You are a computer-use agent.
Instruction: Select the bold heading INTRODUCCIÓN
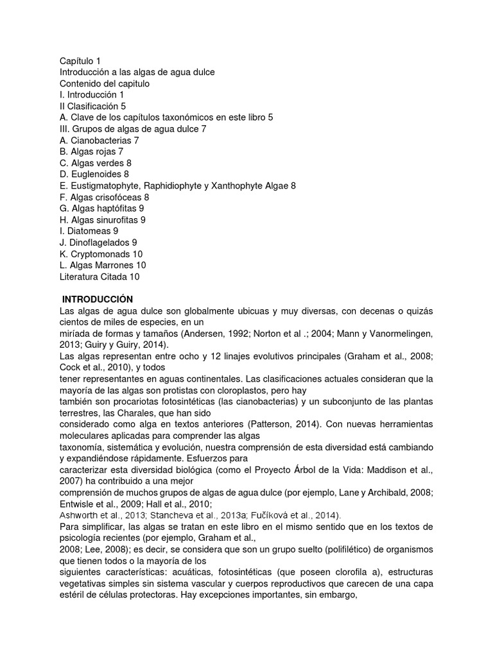98,299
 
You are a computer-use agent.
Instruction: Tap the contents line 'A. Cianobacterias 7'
99,140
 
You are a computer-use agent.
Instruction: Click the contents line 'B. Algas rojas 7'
91,151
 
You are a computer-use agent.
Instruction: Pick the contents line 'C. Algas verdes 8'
95,163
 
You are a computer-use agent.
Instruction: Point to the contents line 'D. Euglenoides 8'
94,174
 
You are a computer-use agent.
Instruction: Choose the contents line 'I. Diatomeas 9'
89,230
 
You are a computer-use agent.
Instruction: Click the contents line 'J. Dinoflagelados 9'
98,242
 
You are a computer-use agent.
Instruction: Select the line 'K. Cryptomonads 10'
101,253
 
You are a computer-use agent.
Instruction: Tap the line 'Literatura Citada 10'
99,277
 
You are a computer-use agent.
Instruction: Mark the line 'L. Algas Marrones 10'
103,265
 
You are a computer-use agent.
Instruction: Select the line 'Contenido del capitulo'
105,83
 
